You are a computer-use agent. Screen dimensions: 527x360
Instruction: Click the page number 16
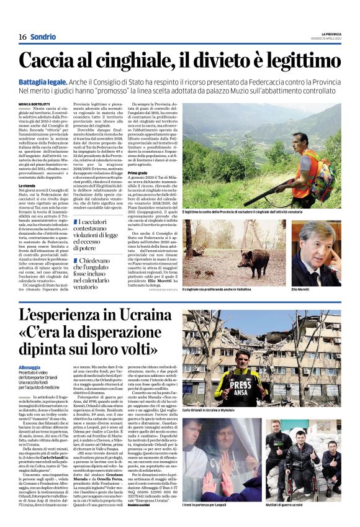coord(22,37)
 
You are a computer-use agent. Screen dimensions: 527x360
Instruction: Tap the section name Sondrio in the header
coord(43,37)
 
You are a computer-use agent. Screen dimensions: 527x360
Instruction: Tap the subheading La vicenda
coord(27,186)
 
